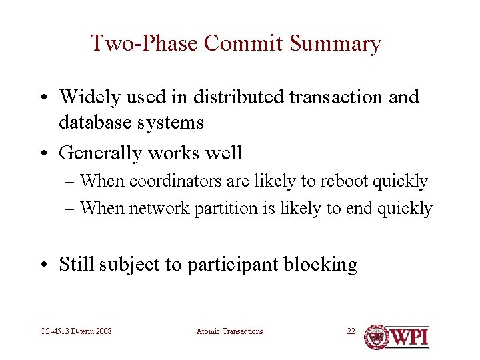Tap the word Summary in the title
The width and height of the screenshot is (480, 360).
coord(336,43)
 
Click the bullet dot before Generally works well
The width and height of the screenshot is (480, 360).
coord(48,153)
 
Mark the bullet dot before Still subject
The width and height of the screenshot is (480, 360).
coord(48,265)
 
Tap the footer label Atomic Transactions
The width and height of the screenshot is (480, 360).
coord(230,331)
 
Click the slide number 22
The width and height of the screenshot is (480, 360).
coord(351,331)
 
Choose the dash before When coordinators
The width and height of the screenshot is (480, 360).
coord(70,181)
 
